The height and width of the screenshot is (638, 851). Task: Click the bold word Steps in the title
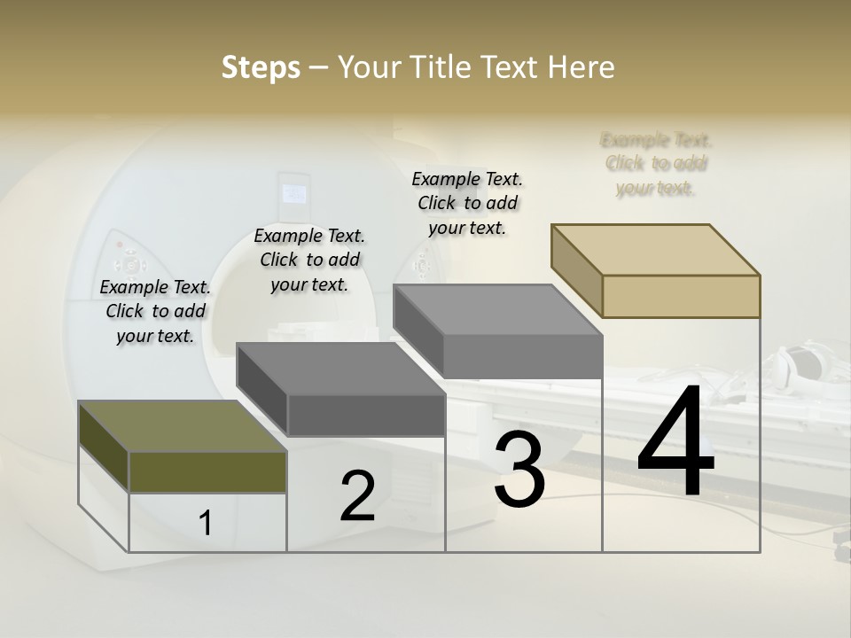click(x=261, y=67)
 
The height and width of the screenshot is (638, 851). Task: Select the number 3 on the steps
click(x=519, y=469)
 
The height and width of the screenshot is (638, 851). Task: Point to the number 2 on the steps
click(x=357, y=496)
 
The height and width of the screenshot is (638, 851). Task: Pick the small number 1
click(x=206, y=524)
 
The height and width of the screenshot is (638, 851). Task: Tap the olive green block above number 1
click(x=207, y=471)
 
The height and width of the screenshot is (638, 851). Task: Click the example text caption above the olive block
click(x=155, y=311)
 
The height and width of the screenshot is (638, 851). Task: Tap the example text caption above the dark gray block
click(x=309, y=260)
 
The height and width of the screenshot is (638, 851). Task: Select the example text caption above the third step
click(x=467, y=203)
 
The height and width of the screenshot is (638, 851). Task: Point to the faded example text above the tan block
click(x=656, y=163)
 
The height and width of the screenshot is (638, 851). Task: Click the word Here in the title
click(x=582, y=67)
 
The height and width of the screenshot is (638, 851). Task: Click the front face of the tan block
click(x=681, y=296)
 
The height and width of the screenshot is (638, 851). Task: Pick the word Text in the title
click(x=509, y=67)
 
